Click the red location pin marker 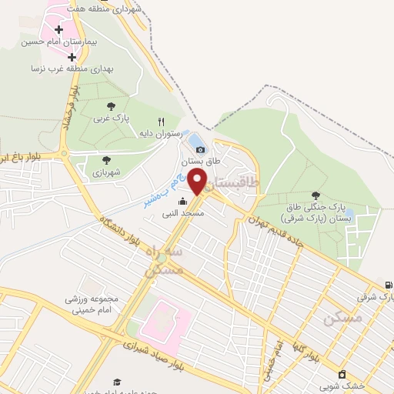click(x=198, y=182)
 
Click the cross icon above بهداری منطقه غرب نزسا click(x=72, y=57)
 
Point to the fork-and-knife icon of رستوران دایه click(x=161, y=122)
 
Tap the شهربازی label click(x=107, y=172)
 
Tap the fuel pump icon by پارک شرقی click(x=387, y=284)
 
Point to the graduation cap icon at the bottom click(x=117, y=381)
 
